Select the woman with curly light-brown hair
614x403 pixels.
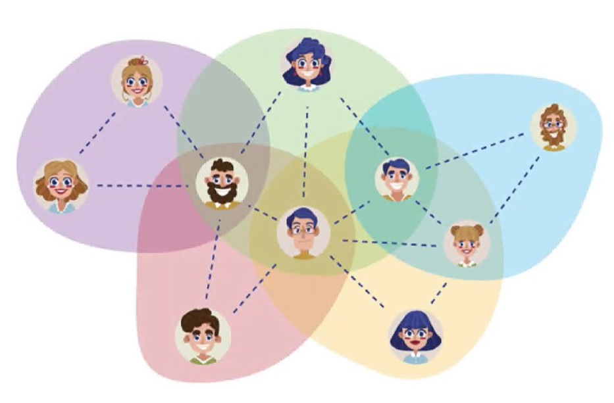tap(61, 185)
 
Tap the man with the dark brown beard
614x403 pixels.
tap(222, 182)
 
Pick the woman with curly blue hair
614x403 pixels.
tap(307, 64)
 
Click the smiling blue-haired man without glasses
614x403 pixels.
tap(397, 178)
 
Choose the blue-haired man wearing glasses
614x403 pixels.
tap(303, 232)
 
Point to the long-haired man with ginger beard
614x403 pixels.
tap(553, 127)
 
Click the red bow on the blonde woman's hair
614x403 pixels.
tap(142, 61)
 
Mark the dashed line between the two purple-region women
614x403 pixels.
tap(97, 133)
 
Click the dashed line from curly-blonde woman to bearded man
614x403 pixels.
tap(141, 186)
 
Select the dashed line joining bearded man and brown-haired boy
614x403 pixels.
tap(212, 256)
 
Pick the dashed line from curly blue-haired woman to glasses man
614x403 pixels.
tap(305, 151)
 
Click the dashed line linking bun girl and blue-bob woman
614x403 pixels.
tap(439, 289)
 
